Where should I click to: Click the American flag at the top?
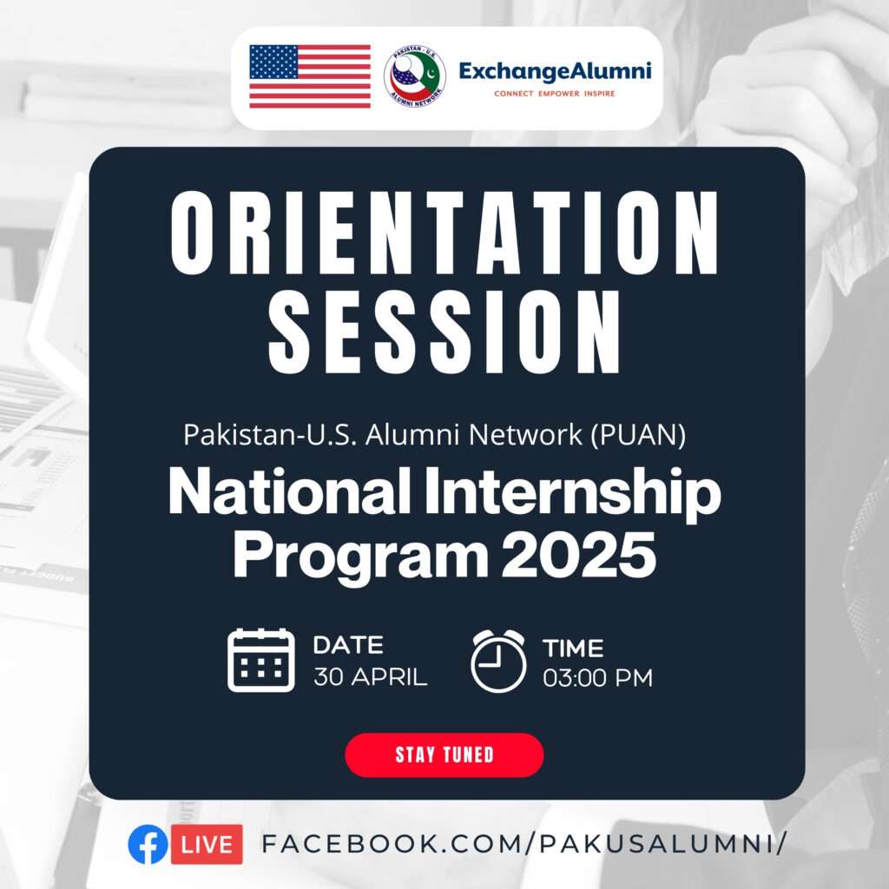tap(310, 76)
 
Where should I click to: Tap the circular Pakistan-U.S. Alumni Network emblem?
tap(414, 76)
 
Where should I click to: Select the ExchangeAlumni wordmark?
tap(555, 72)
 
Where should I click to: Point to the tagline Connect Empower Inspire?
tap(555, 94)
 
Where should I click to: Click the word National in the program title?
tap(289, 492)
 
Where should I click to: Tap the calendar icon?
tap(260, 660)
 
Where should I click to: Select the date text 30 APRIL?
tap(370, 677)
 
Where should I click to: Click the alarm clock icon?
tap(498, 661)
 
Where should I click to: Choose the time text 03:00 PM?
tap(597, 678)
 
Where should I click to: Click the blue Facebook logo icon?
tap(148, 844)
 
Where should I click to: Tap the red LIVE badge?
tap(207, 844)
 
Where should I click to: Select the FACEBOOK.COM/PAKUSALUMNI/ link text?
tap(524, 844)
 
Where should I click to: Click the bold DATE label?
tap(348, 645)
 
